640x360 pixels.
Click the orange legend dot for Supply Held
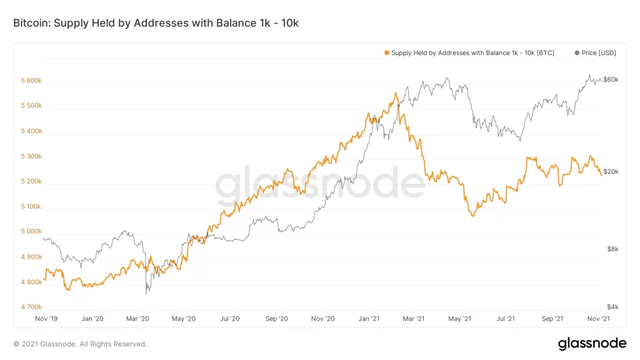387,53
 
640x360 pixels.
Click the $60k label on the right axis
610,80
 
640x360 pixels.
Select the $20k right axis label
610,172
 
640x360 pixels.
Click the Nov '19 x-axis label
46,319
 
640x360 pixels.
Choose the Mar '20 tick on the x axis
137,319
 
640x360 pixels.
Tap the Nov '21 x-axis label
599,319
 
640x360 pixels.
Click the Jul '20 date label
230,319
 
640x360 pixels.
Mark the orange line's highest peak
396,93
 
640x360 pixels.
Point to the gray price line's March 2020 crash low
147,292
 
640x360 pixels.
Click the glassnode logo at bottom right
591,343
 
